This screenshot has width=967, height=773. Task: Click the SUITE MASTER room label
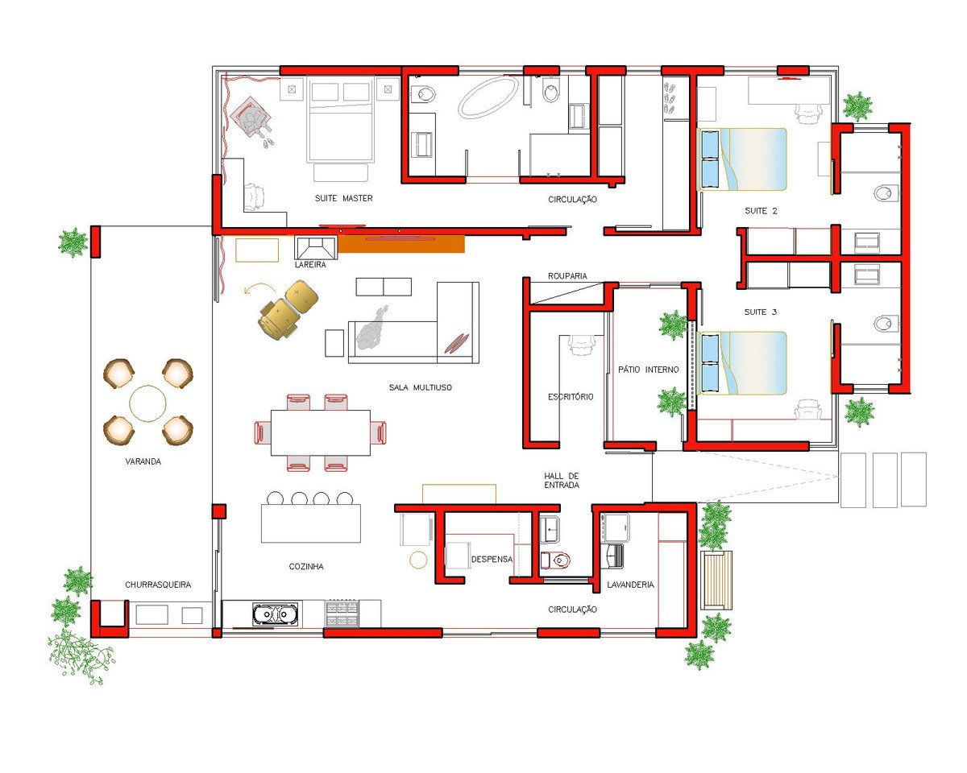point(344,198)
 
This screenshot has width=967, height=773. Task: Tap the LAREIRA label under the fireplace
point(310,265)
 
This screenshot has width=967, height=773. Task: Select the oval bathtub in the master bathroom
point(488,97)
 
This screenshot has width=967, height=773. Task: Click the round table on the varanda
point(147,403)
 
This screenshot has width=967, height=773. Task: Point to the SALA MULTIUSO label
point(420,387)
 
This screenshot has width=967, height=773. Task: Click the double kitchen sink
point(275,614)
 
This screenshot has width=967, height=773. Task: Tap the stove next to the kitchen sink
point(342,613)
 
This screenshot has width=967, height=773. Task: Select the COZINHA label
point(306,566)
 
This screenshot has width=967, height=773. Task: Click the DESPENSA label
point(492,559)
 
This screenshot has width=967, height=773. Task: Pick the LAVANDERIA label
point(630,585)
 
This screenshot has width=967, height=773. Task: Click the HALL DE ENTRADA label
point(562,480)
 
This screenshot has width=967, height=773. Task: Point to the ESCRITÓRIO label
point(571,397)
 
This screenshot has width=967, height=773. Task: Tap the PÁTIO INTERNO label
point(649,370)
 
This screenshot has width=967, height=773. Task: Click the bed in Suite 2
point(743,159)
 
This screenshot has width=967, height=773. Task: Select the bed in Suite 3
point(743,363)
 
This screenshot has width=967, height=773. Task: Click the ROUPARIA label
point(567,275)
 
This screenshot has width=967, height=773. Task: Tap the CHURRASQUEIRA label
point(158,585)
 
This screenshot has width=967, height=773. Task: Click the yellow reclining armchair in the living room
point(288,309)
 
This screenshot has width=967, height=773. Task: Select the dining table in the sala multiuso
point(321,432)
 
